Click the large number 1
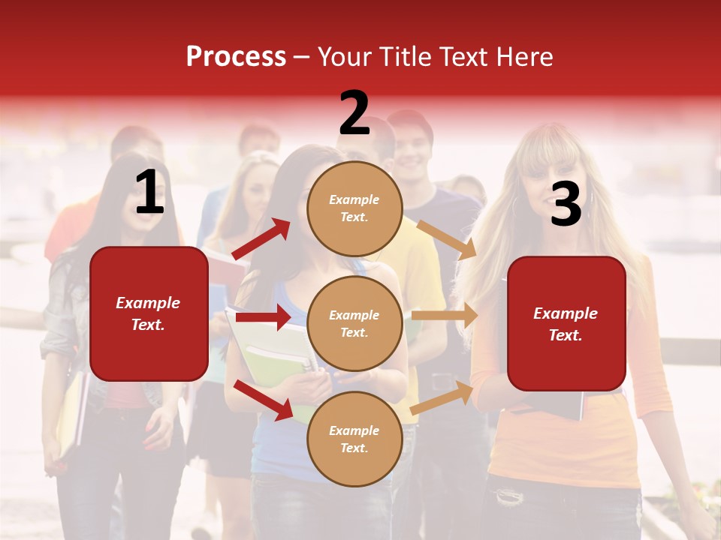149,193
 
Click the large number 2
354,113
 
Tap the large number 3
566,205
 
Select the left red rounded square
149,313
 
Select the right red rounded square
566,323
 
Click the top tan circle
354,208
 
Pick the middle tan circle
354,323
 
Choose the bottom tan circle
354,439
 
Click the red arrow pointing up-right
261,238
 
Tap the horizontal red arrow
262,317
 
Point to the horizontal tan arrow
445,316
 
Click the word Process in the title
236,56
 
